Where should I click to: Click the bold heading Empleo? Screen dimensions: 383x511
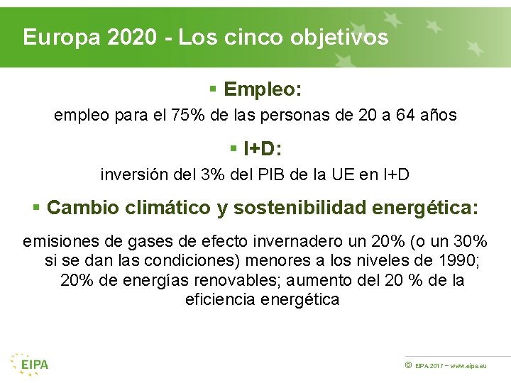pyautogui.click(x=263, y=89)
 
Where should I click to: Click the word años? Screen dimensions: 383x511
pyautogui.click(x=437, y=114)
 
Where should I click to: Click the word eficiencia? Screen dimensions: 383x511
pyautogui.click(x=219, y=299)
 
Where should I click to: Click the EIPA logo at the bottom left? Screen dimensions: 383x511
pyautogui.click(x=30, y=363)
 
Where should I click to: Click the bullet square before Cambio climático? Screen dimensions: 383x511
pyautogui.click(x=36, y=208)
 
